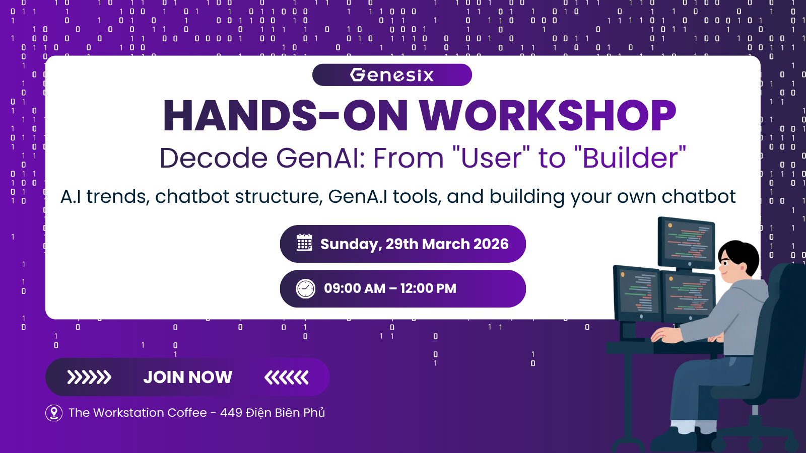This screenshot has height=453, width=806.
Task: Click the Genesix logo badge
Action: tap(392, 75)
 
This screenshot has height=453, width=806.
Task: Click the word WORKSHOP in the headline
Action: tap(548, 115)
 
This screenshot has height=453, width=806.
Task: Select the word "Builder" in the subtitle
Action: tap(630, 158)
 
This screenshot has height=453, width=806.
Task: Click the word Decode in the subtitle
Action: tap(214, 158)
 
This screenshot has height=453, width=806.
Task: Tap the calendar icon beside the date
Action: tap(304, 242)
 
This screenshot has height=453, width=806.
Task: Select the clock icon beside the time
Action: tap(305, 288)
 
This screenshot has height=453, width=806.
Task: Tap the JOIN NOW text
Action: tap(188, 377)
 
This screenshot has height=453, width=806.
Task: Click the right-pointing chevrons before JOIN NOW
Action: tap(89, 377)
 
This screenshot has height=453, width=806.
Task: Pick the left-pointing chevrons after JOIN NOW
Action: tap(287, 377)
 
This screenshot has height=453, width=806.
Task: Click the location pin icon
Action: tap(54, 413)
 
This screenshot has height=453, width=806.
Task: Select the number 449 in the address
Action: tap(231, 413)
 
